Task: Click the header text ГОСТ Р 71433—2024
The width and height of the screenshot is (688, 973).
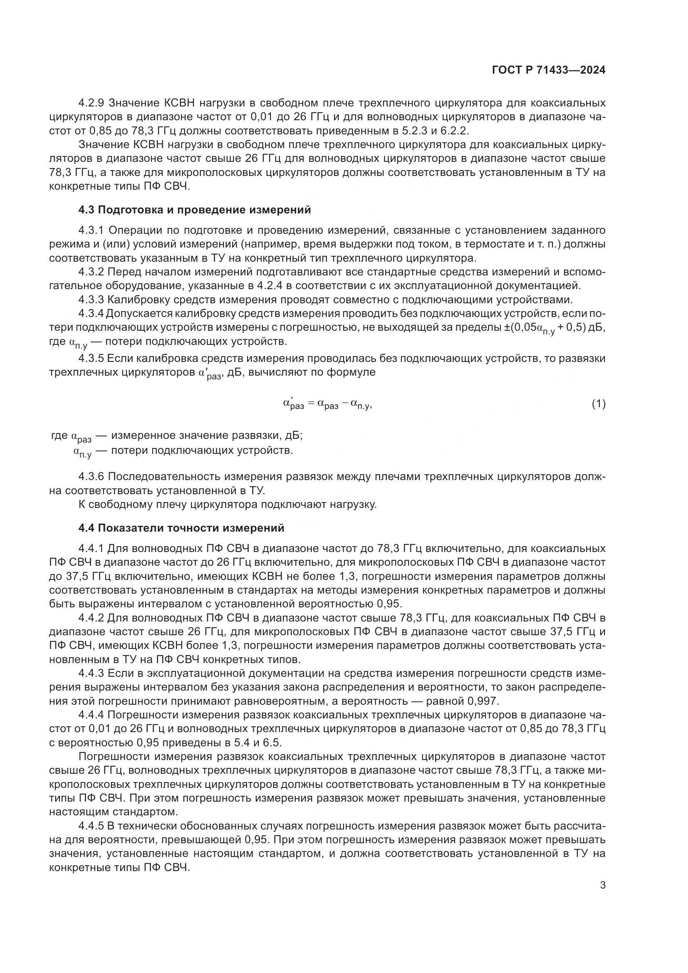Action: click(549, 70)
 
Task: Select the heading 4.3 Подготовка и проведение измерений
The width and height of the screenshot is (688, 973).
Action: click(194, 210)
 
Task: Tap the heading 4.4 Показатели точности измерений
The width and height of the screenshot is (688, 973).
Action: click(181, 528)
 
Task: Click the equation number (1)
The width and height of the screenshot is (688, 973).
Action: click(598, 404)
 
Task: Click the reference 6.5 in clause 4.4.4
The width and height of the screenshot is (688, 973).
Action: click(274, 743)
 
